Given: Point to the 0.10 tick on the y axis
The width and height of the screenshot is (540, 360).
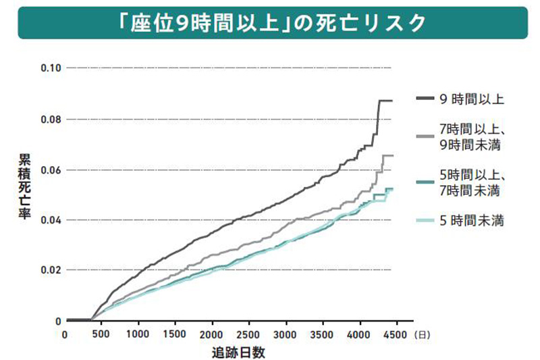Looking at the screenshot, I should click(51, 68).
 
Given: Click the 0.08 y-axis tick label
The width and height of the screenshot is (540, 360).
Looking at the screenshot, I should click(51, 120).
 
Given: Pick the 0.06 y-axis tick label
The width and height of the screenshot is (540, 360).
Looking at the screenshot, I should click(51, 170).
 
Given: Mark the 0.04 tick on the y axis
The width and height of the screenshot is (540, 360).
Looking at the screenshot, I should click(51, 220).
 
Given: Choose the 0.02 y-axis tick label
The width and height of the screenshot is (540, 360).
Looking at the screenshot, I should click(51, 270).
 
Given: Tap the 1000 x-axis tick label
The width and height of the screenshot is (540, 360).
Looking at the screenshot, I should click(137, 334).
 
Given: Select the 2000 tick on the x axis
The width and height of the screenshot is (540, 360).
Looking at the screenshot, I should click(211, 334).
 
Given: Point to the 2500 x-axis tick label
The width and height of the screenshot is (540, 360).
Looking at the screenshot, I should click(248, 334).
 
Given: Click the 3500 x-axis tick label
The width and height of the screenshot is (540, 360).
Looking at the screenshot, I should click(323, 334).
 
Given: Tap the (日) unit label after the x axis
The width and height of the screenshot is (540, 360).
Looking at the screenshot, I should click(420, 334).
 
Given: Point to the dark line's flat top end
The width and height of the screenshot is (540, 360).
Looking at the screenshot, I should click(385, 101).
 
